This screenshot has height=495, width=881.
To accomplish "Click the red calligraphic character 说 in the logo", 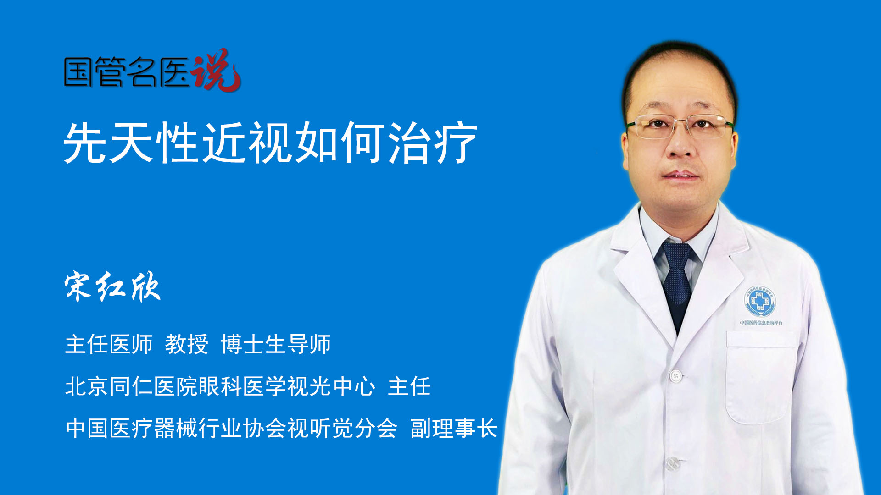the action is [216, 70].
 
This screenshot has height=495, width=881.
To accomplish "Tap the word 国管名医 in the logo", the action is [127, 72].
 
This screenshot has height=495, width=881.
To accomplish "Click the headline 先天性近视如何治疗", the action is [271, 143].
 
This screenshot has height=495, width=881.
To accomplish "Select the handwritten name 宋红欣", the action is [112, 286].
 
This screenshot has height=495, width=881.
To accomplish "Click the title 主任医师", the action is [109, 344].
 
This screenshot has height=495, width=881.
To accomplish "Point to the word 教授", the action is [187, 344].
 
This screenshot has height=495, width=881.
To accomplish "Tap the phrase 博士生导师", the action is [276, 344].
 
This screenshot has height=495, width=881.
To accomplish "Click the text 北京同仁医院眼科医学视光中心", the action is [220, 386].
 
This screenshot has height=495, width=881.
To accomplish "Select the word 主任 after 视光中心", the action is [409, 386].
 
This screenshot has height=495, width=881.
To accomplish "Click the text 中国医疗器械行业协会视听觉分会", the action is [231, 428].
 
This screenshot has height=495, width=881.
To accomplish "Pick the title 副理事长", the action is [454, 428].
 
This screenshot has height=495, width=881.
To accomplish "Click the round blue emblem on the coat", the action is [760, 301].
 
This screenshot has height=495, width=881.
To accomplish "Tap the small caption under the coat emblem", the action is [761, 323].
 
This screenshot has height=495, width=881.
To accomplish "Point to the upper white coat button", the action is [675, 376].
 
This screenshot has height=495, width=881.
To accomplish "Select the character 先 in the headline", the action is [85, 143].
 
